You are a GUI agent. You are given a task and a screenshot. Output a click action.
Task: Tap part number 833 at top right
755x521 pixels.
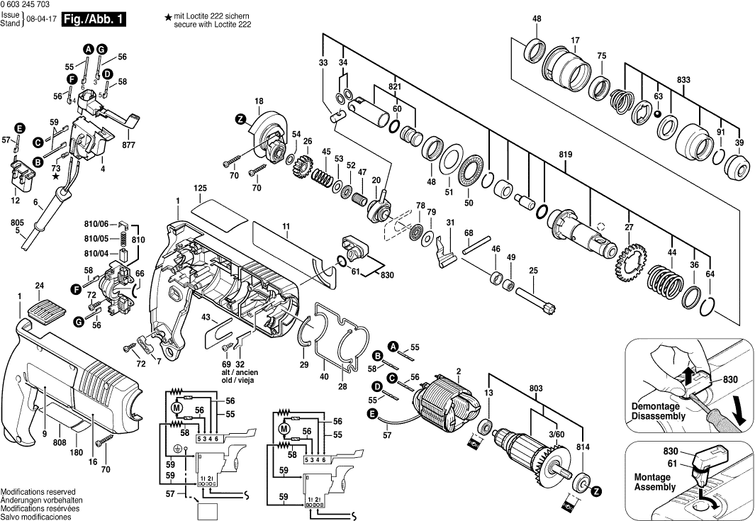coord(683,80)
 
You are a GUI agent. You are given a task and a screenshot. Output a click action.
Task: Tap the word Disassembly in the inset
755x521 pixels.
coord(659,416)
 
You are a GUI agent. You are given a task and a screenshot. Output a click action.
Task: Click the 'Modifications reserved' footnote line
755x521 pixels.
coord(38,491)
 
